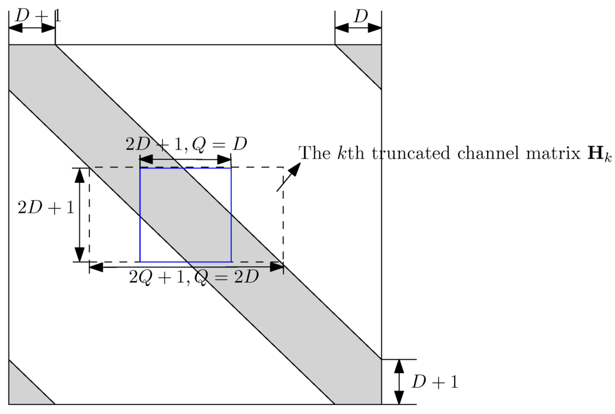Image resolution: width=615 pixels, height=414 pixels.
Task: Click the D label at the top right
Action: pyautogui.click(x=360, y=16)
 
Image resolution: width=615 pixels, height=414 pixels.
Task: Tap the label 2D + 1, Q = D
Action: pyautogui.click(x=186, y=144)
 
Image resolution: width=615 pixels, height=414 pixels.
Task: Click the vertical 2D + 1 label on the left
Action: pyautogui.click(x=46, y=208)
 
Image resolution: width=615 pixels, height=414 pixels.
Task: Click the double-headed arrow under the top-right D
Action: pyautogui.click(x=358, y=28)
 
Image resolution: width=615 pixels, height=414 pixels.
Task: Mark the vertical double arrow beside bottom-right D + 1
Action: pyautogui.click(x=399, y=382)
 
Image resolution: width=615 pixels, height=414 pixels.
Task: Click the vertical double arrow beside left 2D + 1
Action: pyautogui.click(x=80, y=215)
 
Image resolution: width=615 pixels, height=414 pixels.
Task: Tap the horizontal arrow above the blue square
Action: pyautogui.click(x=185, y=160)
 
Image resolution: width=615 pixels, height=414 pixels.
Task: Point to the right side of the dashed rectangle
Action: pyautogui.click(x=283, y=215)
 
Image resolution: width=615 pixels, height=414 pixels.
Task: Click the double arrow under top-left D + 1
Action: pyautogui.click(x=32, y=28)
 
